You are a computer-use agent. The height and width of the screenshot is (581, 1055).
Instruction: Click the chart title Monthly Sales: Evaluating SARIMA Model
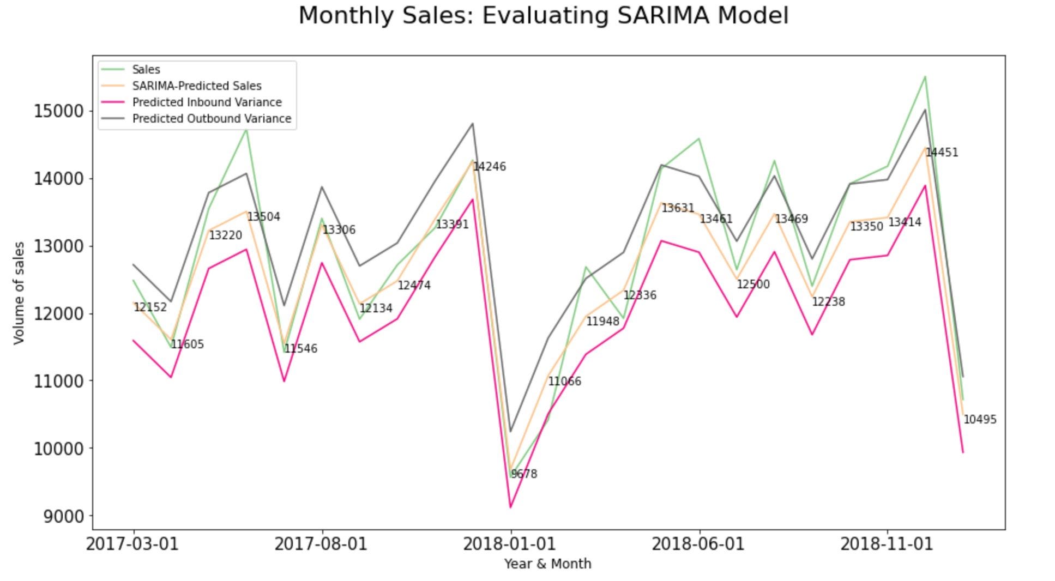[x=544, y=16]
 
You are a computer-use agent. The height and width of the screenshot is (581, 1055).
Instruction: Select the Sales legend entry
[x=146, y=70]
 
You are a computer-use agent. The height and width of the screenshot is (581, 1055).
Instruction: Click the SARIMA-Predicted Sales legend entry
[x=197, y=86]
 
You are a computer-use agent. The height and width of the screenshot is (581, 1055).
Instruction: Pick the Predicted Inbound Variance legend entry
[x=207, y=102]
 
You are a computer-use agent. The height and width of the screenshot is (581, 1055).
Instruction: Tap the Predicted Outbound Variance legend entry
[x=212, y=119]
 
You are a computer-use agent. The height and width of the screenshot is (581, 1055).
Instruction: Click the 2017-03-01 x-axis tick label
[x=132, y=544]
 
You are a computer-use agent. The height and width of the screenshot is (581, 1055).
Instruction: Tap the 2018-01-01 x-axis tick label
[x=509, y=544]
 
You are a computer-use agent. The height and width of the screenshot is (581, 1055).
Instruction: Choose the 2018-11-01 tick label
[x=887, y=544]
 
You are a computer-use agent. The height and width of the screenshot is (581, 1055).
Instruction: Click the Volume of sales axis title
[x=20, y=293]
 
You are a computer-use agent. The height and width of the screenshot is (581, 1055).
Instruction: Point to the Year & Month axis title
[x=547, y=564]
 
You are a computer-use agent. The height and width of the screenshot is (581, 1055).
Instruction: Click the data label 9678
[x=524, y=474]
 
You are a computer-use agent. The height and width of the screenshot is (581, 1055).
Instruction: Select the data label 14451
[x=942, y=153]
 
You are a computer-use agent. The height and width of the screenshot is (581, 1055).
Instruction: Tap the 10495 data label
[x=980, y=420]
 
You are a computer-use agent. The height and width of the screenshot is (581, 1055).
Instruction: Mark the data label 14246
[x=489, y=167]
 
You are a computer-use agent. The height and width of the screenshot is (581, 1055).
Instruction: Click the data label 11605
[x=188, y=344]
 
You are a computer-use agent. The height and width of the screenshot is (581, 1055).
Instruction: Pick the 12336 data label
[x=640, y=295]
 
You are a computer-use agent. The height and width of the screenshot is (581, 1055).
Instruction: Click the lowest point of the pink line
[x=510, y=507]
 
